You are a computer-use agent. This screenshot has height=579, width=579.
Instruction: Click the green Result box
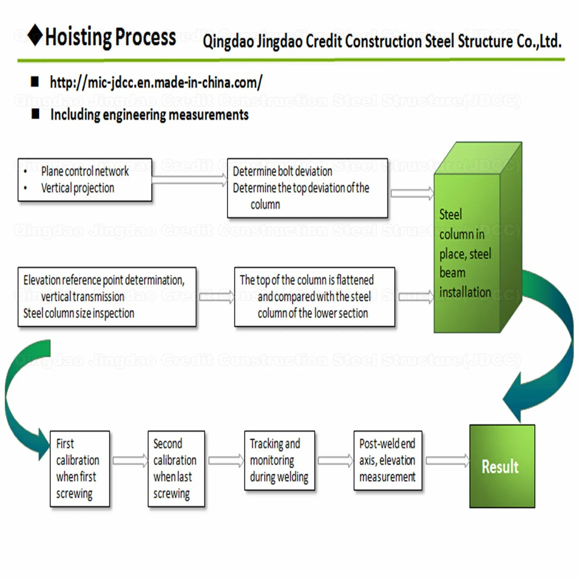[x=502, y=466]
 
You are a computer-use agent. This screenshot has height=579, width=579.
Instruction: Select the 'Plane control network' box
[x=85, y=180]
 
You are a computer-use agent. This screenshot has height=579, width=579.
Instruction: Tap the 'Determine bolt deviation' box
[x=307, y=188]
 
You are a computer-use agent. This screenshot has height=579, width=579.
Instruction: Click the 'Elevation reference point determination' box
[x=107, y=297]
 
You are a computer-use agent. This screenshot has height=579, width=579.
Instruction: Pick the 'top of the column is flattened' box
[x=314, y=297]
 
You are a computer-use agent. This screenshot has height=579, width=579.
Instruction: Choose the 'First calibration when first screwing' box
[x=80, y=469]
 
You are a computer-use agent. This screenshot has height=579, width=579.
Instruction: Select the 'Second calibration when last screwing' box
[x=176, y=469]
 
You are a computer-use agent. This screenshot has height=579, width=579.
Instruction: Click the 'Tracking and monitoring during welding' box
[x=279, y=460]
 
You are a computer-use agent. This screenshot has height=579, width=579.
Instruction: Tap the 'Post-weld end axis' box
[x=388, y=460]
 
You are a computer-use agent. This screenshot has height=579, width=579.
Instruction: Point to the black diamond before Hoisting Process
[x=35, y=35]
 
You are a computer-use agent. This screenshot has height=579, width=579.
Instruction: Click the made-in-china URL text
[x=156, y=83]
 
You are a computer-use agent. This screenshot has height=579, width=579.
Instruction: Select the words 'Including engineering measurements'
[x=149, y=115]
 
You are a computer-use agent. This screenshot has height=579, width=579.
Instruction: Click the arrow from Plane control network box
[x=190, y=180]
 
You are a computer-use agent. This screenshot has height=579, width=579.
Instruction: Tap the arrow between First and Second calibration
[x=130, y=460]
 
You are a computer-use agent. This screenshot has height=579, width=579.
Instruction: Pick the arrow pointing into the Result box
[x=447, y=460]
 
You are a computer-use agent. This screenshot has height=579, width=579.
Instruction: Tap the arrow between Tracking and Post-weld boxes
[x=335, y=460]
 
